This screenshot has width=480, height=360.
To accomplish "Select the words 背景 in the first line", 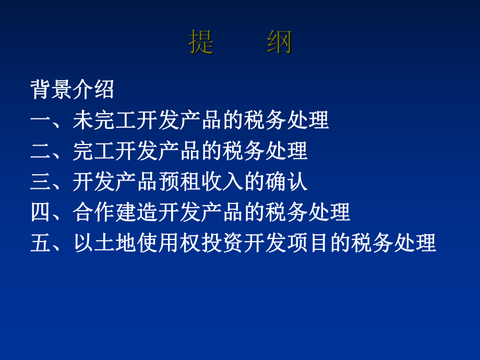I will click(52, 90).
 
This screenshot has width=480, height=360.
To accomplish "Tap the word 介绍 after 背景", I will click(94, 90).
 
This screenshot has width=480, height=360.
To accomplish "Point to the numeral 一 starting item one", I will click(41, 121).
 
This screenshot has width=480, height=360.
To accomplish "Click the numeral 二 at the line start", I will click(41, 151).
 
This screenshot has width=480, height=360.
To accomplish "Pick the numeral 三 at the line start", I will click(41, 182).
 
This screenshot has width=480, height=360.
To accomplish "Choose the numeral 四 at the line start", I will click(41, 213).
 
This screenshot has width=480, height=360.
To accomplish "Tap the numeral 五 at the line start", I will click(41, 244).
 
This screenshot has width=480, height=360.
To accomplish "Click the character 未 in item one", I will click(83, 121).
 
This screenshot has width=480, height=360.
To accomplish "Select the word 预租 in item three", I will click(180, 182).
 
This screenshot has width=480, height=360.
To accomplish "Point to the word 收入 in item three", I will click(223, 182).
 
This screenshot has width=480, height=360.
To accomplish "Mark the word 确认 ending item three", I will click(287, 182).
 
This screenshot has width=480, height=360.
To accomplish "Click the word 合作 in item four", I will click(94, 213).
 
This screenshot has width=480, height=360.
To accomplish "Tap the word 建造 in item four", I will click(137, 213).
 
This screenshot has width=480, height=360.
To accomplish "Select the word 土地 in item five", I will click(115, 244).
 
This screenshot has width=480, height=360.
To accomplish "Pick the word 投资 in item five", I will click(223, 244).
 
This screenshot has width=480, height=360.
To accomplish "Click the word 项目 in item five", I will click(308, 244).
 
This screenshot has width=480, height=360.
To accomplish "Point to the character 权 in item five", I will click(190, 244).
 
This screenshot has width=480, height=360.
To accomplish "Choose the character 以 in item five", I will click(83, 244).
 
